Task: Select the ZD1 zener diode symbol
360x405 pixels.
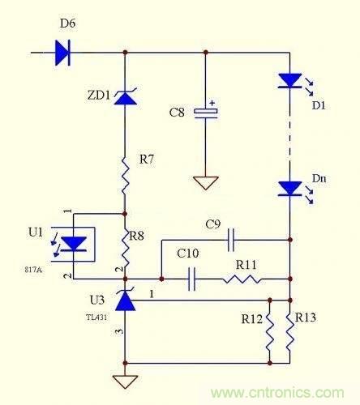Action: [125, 98]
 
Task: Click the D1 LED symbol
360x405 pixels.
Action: [289, 80]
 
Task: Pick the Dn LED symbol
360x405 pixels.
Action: [289, 188]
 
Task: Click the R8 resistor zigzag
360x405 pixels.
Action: [125, 241]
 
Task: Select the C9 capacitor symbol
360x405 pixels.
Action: [232, 240]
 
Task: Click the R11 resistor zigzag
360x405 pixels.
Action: [242, 279]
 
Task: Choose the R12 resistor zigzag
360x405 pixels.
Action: [270, 331]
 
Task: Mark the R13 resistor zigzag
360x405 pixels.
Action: [289, 331]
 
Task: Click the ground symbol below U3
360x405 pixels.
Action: [125, 380]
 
